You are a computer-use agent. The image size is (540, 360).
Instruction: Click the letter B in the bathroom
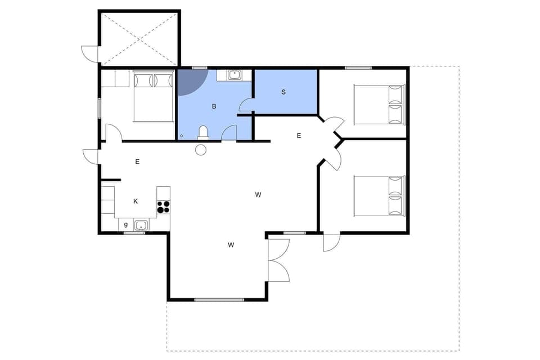[214, 106]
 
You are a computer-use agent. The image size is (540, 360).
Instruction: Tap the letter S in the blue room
[283, 92]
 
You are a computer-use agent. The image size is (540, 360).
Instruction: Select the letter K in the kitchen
[136, 201]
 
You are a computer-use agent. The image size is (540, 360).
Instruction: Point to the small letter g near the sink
[126, 224]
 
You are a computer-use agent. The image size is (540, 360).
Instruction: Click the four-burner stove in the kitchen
[163, 206]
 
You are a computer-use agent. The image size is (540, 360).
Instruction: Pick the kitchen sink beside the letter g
[141, 226]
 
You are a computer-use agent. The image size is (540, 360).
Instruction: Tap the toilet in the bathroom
[203, 133]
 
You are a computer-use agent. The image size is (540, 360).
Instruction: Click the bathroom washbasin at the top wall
[235, 74]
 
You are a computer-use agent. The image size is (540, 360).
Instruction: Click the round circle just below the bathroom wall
[201, 150]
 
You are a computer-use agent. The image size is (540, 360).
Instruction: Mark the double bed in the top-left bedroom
[153, 96]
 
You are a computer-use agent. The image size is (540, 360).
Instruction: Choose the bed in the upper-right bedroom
[379, 104]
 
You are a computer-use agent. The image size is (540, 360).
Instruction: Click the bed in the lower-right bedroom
[379, 196]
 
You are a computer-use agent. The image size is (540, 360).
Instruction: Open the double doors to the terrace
[278, 260]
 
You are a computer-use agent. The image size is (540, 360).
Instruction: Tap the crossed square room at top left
[139, 38]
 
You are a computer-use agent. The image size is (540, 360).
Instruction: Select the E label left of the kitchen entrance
[137, 161]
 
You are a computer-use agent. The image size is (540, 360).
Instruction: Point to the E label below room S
[299, 136]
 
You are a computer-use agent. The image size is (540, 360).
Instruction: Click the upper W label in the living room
[258, 195]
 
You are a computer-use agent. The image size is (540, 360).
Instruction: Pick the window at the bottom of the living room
[218, 299]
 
